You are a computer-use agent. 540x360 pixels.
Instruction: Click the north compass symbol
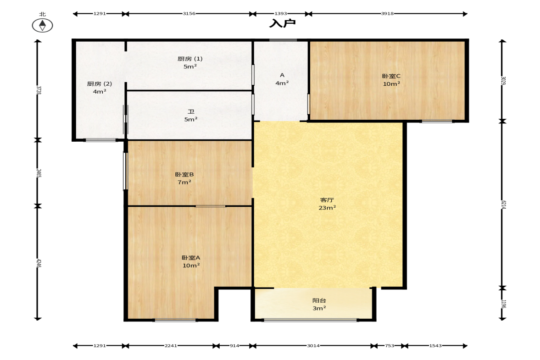point(42,25)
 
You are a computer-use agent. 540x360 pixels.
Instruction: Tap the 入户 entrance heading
point(283,23)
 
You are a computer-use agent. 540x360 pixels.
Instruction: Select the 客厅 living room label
point(327,200)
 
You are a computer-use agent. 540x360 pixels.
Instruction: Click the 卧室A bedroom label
point(191,258)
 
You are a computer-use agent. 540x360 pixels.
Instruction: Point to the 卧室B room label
point(184,174)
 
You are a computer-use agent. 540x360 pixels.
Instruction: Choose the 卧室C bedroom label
point(391,76)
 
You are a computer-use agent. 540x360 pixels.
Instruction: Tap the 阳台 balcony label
point(319,300)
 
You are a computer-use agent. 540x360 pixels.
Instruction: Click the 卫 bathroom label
point(191,111)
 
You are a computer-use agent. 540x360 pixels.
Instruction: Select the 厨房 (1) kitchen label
point(190,59)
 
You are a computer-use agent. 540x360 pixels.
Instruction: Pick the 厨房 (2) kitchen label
point(100,83)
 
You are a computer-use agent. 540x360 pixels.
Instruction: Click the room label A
point(282,75)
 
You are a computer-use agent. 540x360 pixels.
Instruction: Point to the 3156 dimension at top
point(189,14)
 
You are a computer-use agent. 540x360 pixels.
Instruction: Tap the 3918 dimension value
point(387,14)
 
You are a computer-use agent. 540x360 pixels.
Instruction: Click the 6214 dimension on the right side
point(503,205)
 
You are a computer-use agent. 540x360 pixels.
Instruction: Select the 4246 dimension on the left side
point(39,264)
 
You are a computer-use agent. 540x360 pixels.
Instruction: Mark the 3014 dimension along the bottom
point(313,345)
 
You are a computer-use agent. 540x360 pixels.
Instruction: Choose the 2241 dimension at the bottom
point(171,345)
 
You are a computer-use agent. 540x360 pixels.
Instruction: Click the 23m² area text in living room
point(327,208)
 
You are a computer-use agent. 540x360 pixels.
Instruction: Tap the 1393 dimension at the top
point(281,14)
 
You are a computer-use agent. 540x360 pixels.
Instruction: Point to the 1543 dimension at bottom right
point(435,345)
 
